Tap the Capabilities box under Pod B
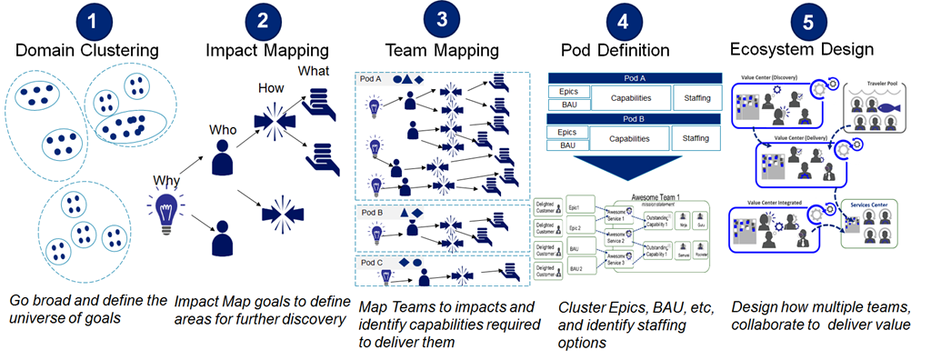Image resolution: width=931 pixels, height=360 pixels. pos(631,138)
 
